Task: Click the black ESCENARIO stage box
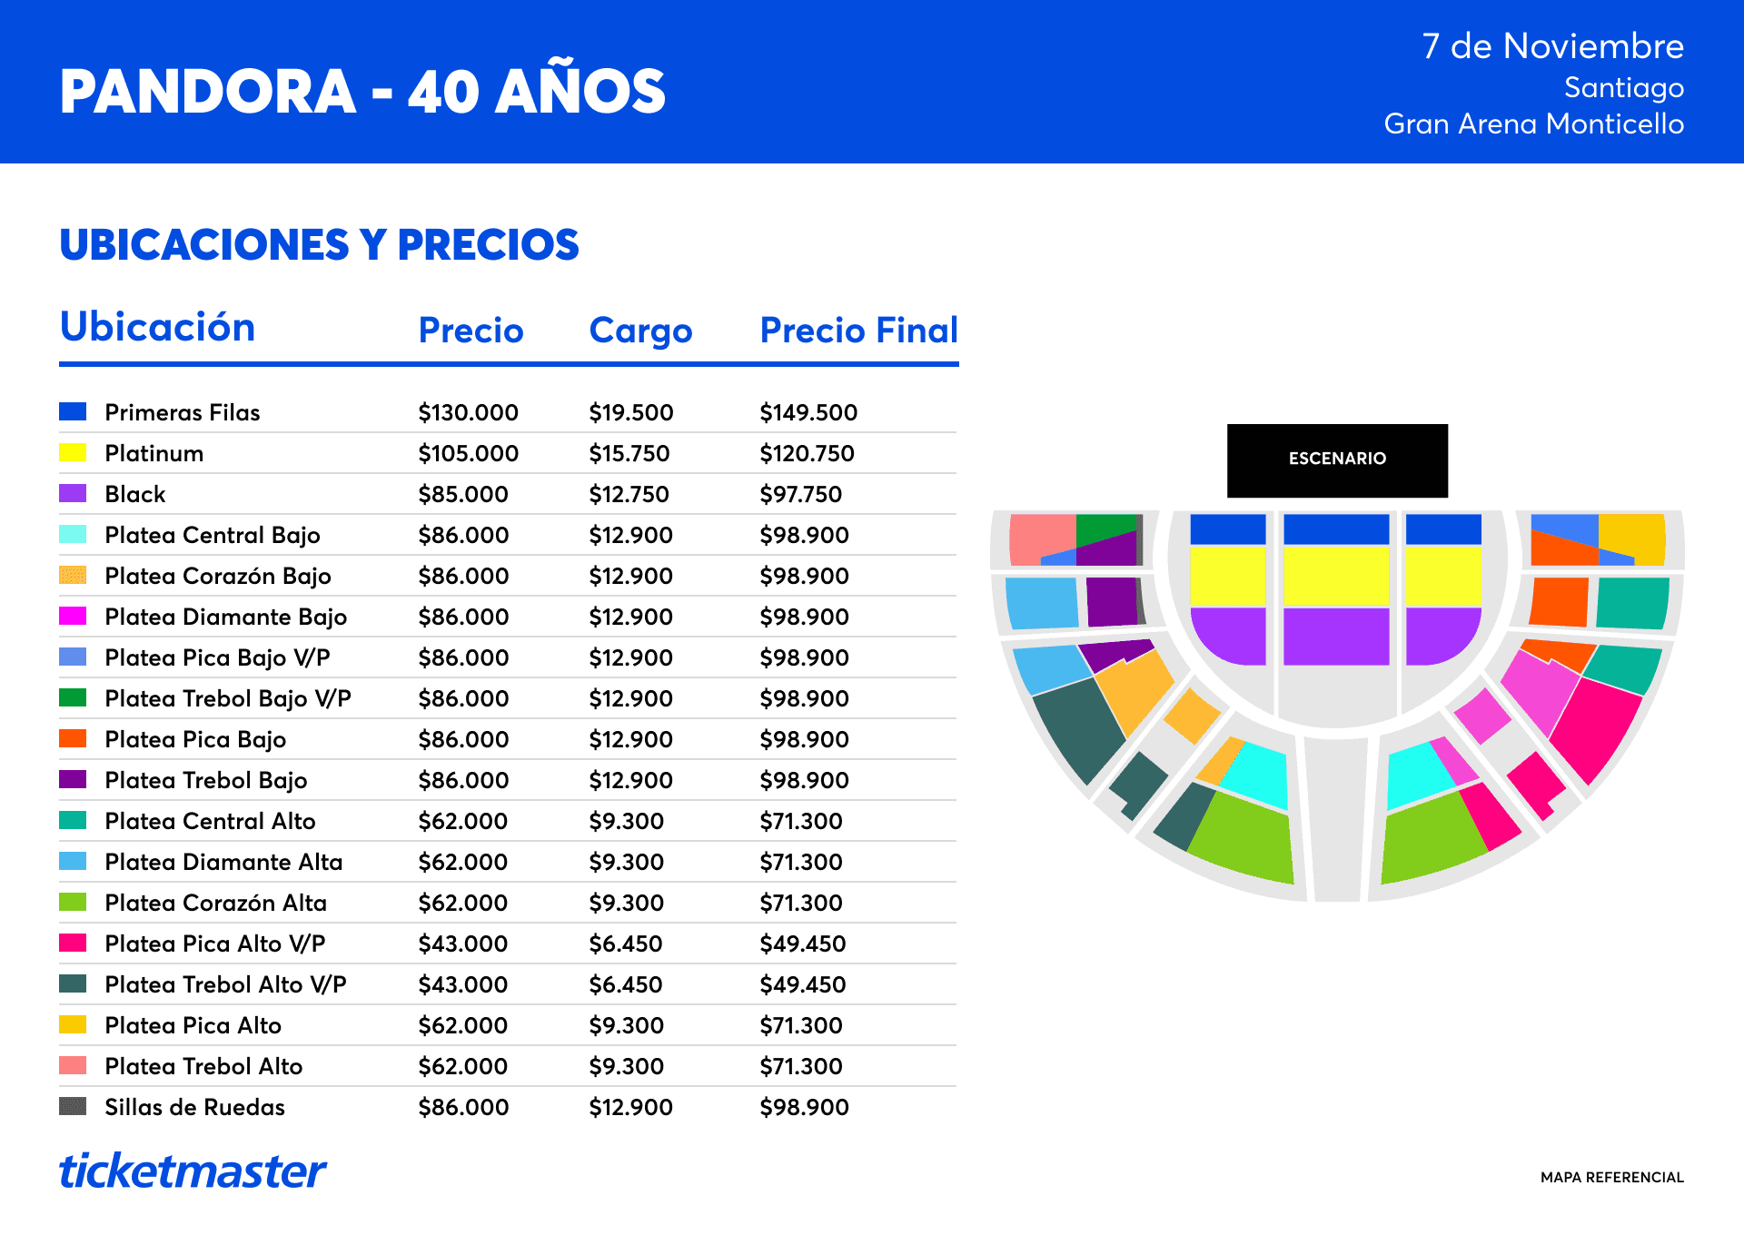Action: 1337,460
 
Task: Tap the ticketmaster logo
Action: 193,1171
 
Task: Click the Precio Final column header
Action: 859,330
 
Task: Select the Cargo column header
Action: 640,331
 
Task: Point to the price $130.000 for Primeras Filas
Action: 468,412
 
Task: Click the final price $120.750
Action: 807,453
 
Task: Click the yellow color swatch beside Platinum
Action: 73,452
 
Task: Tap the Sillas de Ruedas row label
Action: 194,1107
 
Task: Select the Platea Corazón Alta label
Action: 215,903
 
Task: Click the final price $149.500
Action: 808,412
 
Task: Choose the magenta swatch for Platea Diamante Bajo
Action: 73,616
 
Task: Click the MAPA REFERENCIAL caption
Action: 1612,1177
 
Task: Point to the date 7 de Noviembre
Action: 1553,45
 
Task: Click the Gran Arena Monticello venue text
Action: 1534,123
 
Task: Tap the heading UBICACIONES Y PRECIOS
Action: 319,244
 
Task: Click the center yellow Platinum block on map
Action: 1336,576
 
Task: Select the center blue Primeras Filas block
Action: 1336,529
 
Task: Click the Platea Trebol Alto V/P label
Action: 225,984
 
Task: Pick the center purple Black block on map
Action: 1336,637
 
